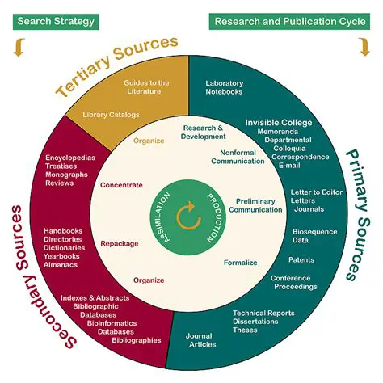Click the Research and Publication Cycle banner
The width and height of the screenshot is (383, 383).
tap(289, 20)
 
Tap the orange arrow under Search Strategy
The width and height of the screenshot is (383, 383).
tap(17, 49)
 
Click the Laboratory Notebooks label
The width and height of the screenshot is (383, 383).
tap(224, 87)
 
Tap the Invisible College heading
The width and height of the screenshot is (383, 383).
tap(278, 123)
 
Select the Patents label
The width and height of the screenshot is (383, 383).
tap(301, 259)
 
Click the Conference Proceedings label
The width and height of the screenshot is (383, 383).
tap(295, 283)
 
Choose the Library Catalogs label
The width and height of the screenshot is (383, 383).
tap(112, 115)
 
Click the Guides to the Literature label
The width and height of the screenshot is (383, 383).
tap(145, 87)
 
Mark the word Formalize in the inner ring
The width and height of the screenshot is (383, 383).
tap(240, 263)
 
